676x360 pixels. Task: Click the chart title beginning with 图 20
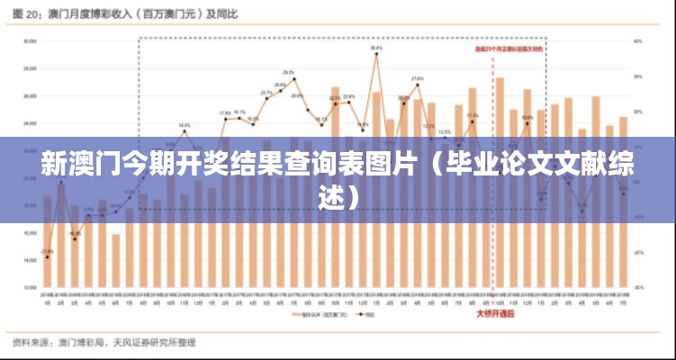[135, 14]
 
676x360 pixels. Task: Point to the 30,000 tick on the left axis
[30, 40]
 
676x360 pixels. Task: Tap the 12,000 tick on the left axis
[30, 287]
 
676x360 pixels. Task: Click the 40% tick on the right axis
[637, 40]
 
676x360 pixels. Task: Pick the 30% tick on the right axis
[637, 76]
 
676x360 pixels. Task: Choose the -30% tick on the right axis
[637, 287]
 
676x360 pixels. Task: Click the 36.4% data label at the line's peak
[375, 48]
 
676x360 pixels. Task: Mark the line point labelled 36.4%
[375, 54]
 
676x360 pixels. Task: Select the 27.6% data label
[417, 79]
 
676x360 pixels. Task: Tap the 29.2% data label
[289, 72]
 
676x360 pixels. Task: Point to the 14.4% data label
[184, 125]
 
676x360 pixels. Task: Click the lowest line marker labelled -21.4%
[47, 257]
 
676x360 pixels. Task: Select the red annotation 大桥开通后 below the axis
[494, 315]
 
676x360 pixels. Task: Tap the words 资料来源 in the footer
[33, 343]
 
